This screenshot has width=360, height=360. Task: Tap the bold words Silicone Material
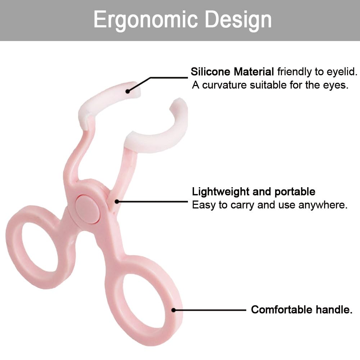click(x=232, y=72)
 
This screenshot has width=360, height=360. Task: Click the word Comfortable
click(x=282, y=310)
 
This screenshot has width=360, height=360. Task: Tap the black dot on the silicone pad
click(x=128, y=91)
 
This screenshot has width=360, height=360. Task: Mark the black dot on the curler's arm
click(x=117, y=202)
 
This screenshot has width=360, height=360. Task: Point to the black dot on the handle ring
click(x=174, y=310)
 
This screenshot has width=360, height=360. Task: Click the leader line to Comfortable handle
click(x=210, y=310)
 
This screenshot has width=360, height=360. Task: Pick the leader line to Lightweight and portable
click(x=152, y=202)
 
